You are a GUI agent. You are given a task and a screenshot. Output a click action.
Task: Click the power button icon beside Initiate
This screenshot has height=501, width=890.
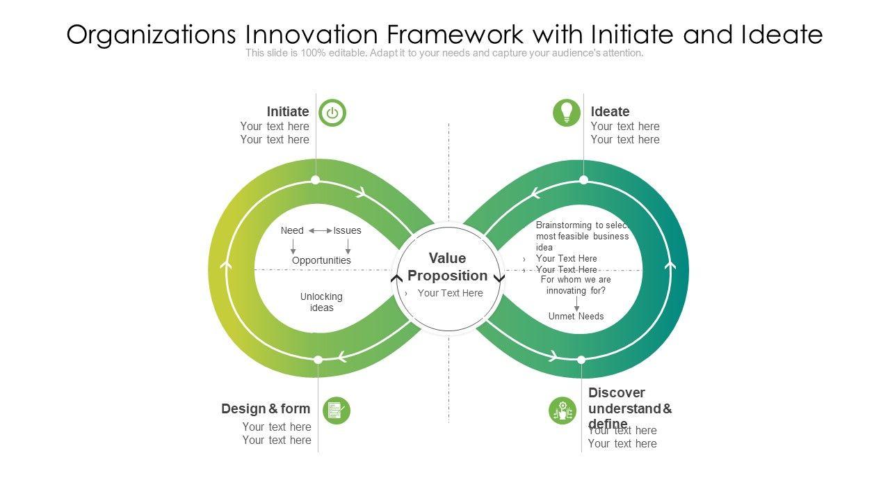point(332,113)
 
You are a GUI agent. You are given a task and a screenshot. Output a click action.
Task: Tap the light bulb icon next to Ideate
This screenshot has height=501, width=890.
point(567,113)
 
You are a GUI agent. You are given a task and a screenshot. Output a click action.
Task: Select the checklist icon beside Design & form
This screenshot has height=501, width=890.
point(337,411)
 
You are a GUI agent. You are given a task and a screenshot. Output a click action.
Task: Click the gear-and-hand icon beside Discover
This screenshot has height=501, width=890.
point(562,411)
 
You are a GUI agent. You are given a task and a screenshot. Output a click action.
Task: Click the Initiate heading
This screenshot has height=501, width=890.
point(288,111)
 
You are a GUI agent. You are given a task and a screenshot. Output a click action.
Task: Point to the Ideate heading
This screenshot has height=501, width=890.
point(610,111)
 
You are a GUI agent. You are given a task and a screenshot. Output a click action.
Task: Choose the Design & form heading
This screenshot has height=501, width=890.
point(266,408)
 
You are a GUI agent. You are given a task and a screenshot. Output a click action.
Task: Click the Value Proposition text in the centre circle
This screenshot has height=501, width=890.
point(447,267)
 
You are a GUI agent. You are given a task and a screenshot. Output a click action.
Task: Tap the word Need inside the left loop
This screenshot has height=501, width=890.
point(292,230)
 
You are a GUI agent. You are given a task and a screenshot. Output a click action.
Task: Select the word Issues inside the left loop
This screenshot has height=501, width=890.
point(347,230)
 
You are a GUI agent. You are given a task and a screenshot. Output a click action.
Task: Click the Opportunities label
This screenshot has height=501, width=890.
point(321,260)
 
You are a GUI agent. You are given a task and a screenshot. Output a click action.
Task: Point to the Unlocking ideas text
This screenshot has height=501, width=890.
point(321,302)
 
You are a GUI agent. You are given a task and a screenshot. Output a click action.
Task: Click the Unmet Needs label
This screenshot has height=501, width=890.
point(576,316)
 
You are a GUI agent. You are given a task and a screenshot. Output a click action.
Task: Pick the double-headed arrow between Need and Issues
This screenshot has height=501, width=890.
point(321,230)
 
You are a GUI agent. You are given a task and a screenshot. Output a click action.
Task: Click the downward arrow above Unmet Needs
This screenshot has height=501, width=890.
point(576,304)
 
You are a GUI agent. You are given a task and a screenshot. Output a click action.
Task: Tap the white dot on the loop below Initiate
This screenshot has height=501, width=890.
point(316,180)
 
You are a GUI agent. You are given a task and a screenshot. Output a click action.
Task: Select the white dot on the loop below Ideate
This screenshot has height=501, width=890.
point(584,180)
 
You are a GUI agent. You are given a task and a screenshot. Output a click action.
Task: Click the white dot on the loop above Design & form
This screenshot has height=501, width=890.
point(318,360)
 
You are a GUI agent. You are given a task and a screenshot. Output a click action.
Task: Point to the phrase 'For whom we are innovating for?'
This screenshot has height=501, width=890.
point(576,285)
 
